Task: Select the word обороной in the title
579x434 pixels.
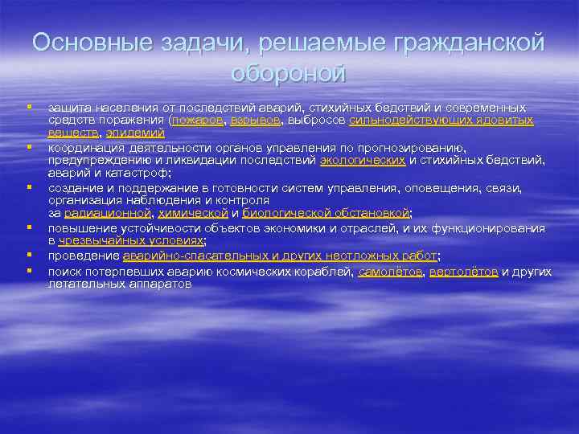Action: coord(289,73)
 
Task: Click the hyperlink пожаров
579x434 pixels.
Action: coord(196,120)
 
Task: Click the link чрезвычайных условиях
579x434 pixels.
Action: coord(131,240)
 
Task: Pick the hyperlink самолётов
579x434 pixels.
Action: coord(389,272)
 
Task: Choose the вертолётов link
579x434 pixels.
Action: coord(463,272)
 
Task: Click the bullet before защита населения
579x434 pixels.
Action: coord(28,106)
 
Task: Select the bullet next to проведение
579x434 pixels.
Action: coord(28,255)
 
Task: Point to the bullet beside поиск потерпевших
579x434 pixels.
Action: coord(28,270)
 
